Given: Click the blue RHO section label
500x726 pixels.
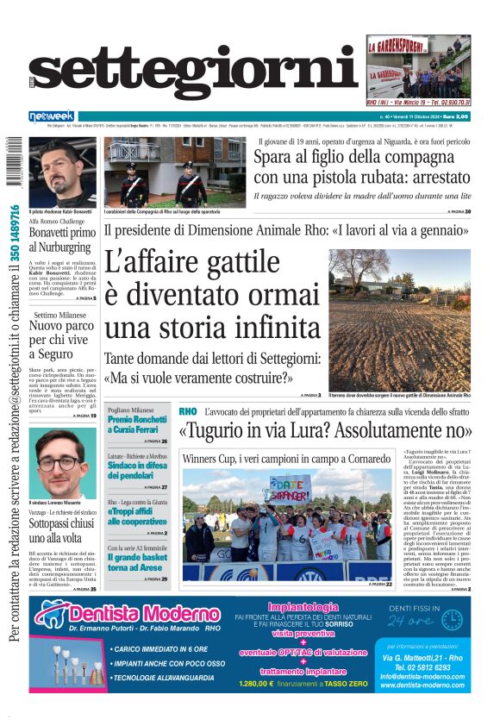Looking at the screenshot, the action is (188, 412).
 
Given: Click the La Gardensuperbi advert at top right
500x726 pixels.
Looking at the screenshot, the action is (418, 69).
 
